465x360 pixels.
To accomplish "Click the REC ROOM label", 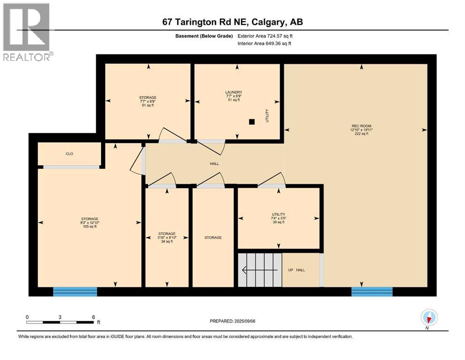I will pyautogui.click(x=362, y=129).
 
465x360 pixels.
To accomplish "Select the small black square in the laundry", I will pyautogui.click(x=252, y=122).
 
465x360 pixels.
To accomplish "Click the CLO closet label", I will pyautogui.click(x=69, y=154).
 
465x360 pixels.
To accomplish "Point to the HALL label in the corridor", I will pyautogui.click(x=214, y=164).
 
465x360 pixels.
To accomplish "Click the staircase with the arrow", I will pyautogui.click(x=260, y=270).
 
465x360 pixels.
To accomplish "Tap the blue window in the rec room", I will pyautogui.click(x=372, y=292).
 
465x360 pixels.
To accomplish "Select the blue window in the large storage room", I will pyautogui.click(x=75, y=292).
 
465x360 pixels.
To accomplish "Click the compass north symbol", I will pyautogui.click(x=429, y=318).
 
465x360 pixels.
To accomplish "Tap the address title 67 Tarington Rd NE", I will pyautogui.click(x=232, y=22).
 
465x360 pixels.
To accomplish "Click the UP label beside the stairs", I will pyautogui.click(x=291, y=270).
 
